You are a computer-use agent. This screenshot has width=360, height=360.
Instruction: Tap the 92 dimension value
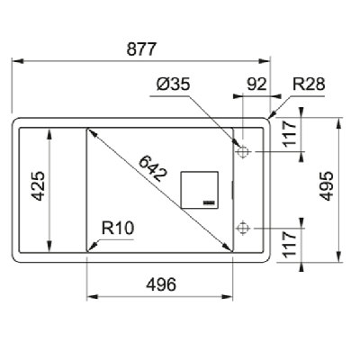(x=256, y=85)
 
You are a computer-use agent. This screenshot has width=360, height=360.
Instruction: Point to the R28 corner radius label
(x=308, y=85)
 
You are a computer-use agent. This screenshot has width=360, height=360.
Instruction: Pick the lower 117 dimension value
(x=289, y=244)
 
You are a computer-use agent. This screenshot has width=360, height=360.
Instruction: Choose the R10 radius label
(x=118, y=229)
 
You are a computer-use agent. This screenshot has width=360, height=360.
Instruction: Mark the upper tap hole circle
(x=242, y=152)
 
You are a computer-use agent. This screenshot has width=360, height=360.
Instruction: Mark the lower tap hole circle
(x=242, y=229)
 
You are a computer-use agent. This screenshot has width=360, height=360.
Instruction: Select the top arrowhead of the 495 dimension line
(x=339, y=120)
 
